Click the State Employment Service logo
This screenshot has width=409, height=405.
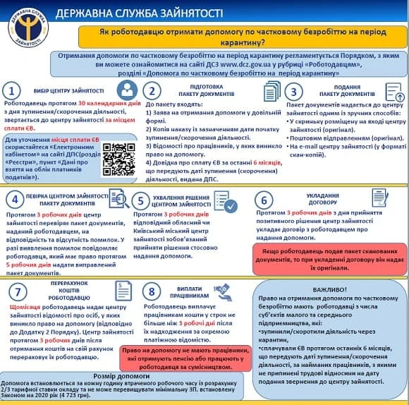(26, 26)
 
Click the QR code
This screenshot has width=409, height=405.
(119, 159)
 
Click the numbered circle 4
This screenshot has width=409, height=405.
(13, 201)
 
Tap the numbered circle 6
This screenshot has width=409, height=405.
(264, 201)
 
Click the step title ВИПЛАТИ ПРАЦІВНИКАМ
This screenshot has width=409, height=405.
(185, 291)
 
